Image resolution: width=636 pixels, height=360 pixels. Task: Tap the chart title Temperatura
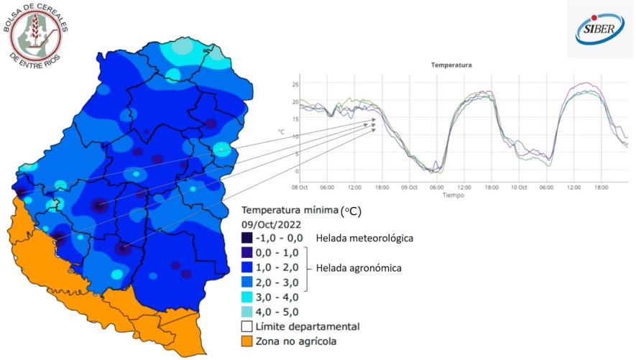coord(451,65)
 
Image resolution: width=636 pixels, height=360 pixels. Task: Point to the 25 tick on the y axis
coord(295,85)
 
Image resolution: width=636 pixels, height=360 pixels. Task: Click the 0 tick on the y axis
coord(295,171)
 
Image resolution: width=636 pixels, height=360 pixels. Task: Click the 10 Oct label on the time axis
coord(518,187)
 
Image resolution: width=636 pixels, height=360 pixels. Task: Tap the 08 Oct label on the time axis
coord(300,187)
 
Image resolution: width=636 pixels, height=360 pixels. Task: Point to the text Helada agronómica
coord(359,267)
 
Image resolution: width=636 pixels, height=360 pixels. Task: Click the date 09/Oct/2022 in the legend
coord(272,223)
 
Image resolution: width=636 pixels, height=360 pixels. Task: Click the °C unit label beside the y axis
coord(282,131)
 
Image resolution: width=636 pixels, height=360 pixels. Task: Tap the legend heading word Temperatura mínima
coord(290,210)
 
